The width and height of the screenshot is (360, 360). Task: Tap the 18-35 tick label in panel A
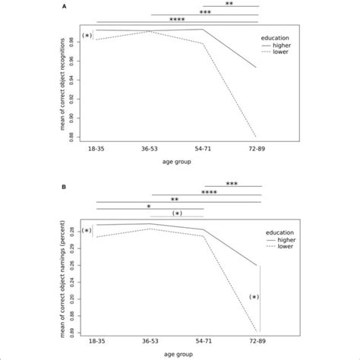(97, 150)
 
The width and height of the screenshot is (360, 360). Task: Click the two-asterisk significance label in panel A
(230, 5)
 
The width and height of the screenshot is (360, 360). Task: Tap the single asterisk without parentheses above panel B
(150, 206)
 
